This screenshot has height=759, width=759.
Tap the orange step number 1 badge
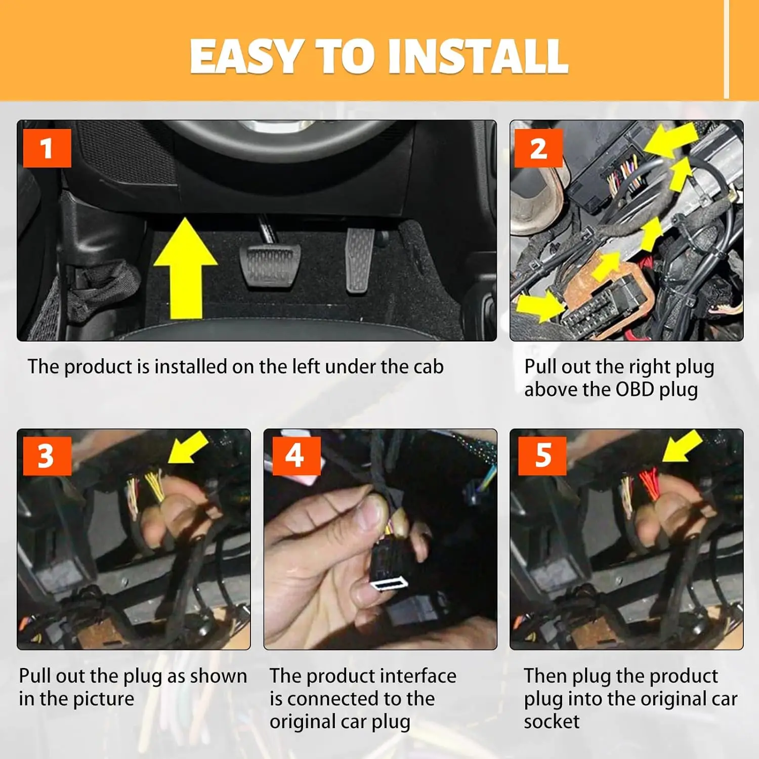point(47,148)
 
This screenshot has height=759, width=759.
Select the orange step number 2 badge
point(538,148)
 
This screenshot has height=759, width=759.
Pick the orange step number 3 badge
point(46,456)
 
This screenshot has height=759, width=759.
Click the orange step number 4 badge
point(297,456)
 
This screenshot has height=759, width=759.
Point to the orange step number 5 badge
point(542,456)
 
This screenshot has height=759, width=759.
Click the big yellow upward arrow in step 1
point(186,268)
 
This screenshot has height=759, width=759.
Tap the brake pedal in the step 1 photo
point(270,266)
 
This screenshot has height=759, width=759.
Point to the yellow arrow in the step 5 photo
point(682,446)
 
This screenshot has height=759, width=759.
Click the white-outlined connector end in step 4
point(389,584)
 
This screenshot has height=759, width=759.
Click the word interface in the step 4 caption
point(418,676)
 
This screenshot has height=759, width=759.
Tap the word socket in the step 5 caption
point(552,722)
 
